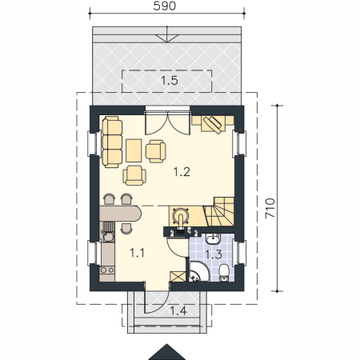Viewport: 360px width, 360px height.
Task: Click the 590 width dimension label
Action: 165,6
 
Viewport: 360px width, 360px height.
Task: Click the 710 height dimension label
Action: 270,208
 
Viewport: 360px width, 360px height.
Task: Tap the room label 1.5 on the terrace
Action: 170,80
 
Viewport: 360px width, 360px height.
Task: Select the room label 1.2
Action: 182,172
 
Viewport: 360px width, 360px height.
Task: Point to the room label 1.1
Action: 137,253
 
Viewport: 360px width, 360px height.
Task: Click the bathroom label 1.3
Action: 214,254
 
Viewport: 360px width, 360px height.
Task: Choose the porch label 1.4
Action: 178,310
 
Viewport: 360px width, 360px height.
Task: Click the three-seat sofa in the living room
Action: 113,142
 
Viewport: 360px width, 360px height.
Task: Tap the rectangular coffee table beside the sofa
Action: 134,150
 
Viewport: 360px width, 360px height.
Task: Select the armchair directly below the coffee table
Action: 134,175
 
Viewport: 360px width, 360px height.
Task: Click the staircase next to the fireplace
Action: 219,211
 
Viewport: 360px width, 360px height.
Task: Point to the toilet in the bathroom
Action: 224,273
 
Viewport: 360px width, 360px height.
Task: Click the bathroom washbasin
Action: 213,239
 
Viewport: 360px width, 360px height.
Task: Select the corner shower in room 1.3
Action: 199,271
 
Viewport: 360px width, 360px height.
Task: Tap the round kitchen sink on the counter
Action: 108,237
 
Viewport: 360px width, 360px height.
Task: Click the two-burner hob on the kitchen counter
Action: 107,270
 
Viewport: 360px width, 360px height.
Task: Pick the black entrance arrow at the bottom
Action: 167,352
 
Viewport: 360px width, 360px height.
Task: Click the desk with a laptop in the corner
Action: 213,124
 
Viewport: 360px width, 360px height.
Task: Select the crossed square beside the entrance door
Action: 178,277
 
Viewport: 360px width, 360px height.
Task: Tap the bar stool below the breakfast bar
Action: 126,228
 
